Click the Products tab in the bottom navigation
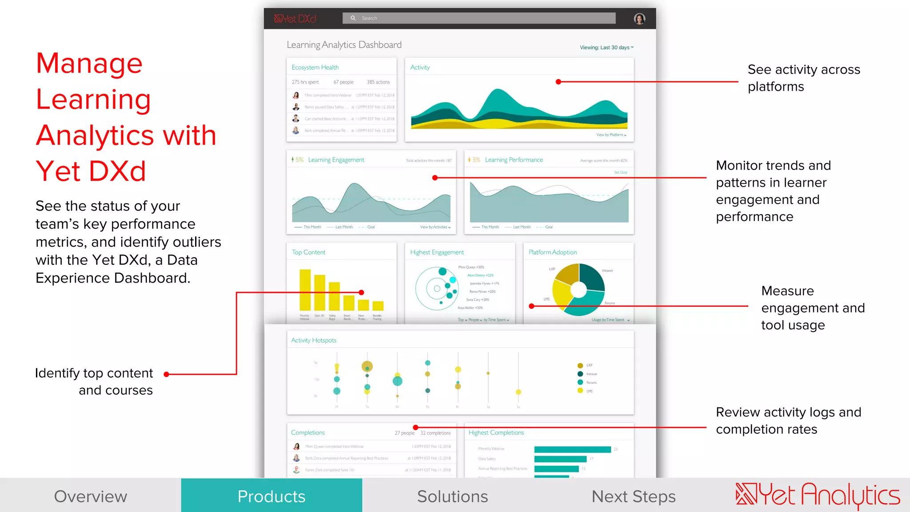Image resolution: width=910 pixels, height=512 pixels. [x=271, y=496]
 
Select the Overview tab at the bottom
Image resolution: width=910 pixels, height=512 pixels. [x=91, y=496]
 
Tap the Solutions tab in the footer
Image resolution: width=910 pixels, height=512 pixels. [x=452, y=496]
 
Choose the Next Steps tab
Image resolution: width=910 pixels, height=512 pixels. [x=633, y=496]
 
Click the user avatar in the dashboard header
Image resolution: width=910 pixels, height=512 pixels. [x=639, y=19]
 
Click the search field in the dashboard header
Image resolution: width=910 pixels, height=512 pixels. [x=479, y=18]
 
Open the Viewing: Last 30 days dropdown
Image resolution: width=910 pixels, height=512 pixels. [x=607, y=48]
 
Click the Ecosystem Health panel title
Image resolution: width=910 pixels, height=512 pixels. [x=315, y=67]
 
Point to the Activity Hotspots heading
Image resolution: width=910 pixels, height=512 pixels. [x=314, y=340]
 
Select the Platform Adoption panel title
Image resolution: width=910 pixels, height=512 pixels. [x=553, y=252]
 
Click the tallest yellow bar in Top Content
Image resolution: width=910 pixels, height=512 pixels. [x=305, y=290]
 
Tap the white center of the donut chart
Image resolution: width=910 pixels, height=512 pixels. [x=579, y=290]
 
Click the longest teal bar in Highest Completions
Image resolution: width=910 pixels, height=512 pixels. [x=572, y=449]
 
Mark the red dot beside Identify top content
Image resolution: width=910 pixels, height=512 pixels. [x=166, y=374]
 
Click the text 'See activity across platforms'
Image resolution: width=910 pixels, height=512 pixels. [x=803, y=78]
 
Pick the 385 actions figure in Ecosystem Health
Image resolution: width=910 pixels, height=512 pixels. [x=378, y=82]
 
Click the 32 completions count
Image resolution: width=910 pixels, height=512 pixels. [x=435, y=433]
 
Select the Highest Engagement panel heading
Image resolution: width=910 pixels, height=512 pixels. [x=437, y=252]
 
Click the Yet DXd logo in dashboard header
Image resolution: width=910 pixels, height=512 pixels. [x=295, y=19]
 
